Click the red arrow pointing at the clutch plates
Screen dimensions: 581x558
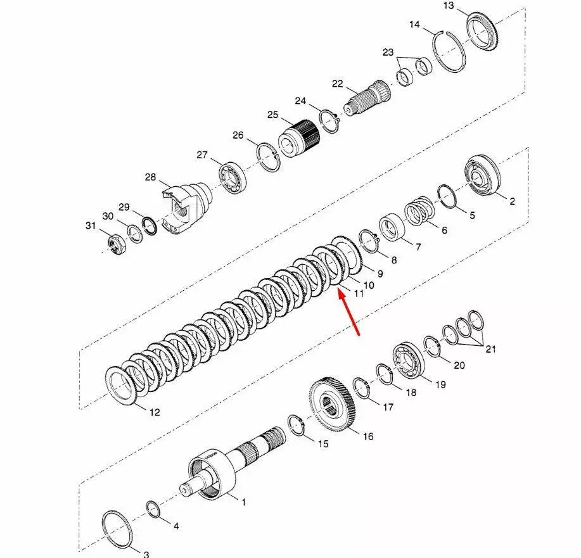pos(348,312)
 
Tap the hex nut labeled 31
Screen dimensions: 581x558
pos(118,244)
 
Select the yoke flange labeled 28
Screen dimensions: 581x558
pos(186,208)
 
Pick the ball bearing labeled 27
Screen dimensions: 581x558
pos(233,177)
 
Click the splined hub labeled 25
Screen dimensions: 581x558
pos(299,139)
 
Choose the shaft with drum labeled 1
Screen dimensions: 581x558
pos(233,462)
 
